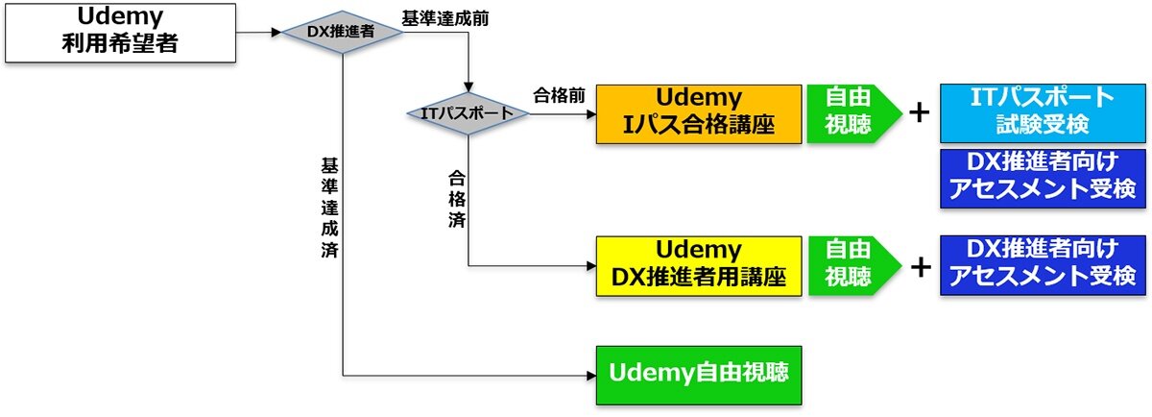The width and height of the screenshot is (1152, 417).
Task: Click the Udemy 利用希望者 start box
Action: (x=120, y=31)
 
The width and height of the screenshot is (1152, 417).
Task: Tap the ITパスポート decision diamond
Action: (x=467, y=114)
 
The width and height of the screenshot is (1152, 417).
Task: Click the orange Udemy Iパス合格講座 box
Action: (x=699, y=112)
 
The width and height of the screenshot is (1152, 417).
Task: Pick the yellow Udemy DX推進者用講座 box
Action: (x=699, y=265)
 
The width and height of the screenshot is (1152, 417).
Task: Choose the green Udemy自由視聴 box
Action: (x=699, y=374)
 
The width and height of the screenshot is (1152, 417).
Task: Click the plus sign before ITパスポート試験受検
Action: (x=920, y=112)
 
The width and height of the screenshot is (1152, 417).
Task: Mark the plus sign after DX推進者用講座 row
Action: (x=920, y=266)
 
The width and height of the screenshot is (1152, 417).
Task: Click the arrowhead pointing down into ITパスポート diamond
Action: (x=468, y=87)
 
